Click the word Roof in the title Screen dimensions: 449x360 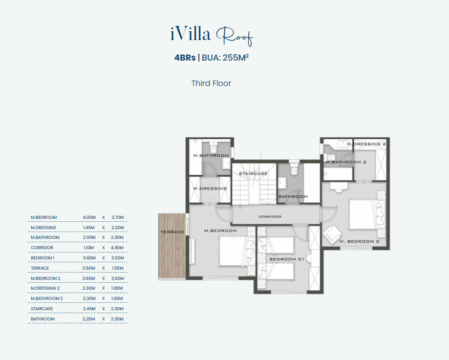(x=235, y=36)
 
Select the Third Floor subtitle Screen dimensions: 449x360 (x=211, y=84)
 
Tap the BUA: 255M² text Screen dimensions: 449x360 (x=225, y=58)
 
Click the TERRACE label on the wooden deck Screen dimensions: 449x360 (x=172, y=232)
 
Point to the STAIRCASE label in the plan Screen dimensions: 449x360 (x=253, y=173)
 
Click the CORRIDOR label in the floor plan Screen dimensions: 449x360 (x=270, y=217)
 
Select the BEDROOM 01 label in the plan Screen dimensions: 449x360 (x=287, y=259)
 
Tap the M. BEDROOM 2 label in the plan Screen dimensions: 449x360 (x=359, y=241)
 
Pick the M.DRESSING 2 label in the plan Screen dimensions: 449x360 (x=366, y=144)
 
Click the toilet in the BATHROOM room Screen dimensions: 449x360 (x=294, y=169)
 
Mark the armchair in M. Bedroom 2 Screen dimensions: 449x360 (x=332, y=234)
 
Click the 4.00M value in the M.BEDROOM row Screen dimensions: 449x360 (x=89, y=217)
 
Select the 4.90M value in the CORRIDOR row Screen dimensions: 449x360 (x=117, y=248)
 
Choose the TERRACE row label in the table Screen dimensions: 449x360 (x=40, y=268)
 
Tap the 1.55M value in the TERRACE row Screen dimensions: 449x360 (x=117, y=268)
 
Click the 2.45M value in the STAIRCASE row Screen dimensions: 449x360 (x=89, y=309)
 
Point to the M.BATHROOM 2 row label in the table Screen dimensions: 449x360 (x=47, y=298)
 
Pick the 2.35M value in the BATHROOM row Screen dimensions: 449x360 (x=117, y=319)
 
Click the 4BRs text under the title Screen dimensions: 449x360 (x=185, y=58)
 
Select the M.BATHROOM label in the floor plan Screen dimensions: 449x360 (x=211, y=155)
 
